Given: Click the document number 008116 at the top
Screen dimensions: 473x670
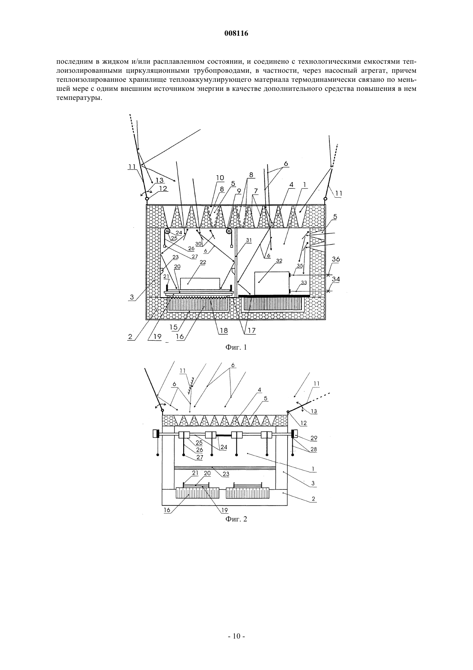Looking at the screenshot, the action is click(236, 34).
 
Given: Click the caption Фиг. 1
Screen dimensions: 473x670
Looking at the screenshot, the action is click(236, 347).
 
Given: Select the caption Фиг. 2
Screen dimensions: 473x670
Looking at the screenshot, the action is click(236, 519).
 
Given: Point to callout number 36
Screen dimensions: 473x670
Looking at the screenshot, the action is click(336, 259).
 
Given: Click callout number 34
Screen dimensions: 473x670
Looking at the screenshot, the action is click(336, 279).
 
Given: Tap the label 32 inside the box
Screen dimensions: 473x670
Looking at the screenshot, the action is click(279, 261).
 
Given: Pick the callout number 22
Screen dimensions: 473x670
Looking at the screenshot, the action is click(203, 262).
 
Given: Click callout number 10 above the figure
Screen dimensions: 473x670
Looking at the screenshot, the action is click(220, 178).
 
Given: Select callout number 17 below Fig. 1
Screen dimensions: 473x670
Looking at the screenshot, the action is click(252, 331).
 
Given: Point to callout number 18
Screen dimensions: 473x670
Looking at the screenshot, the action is click(224, 331).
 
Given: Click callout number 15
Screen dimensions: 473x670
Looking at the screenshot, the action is click(173, 327).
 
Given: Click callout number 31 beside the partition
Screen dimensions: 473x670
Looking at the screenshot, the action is click(249, 240).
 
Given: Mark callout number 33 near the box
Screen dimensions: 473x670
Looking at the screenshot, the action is click(304, 282).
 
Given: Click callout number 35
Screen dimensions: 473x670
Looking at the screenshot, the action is click(300, 266).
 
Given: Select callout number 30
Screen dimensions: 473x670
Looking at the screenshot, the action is click(198, 244).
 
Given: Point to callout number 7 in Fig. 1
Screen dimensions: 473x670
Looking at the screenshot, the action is click(255, 190).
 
